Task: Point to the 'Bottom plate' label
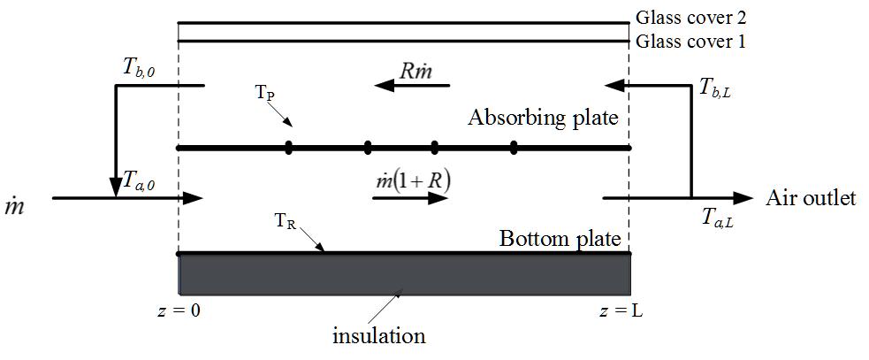tap(560, 238)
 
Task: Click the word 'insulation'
tap(378, 336)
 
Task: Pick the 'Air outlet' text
tap(811, 198)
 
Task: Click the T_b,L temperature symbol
tap(716, 87)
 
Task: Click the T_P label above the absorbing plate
tap(264, 94)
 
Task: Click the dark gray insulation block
tap(405, 274)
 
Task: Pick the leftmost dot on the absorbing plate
tap(289, 147)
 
